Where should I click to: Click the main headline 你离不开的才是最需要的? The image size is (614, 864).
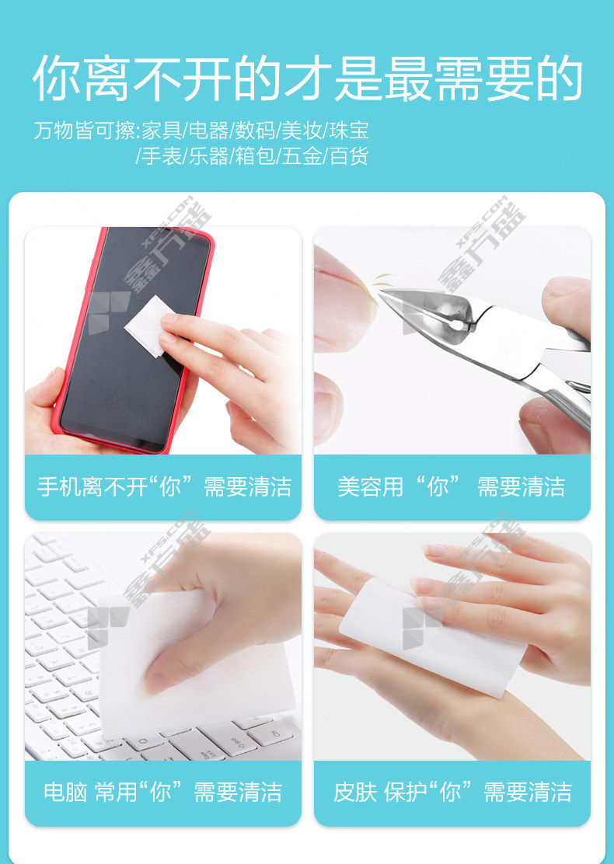(308, 78)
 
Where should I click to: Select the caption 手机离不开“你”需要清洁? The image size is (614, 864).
(164, 487)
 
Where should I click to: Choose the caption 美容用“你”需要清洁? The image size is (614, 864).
(452, 487)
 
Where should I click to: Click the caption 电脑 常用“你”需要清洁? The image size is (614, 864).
(162, 793)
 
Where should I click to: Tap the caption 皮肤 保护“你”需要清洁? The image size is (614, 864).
(452, 793)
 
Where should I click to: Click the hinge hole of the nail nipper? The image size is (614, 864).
(455, 325)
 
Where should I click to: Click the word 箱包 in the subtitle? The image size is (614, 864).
(255, 156)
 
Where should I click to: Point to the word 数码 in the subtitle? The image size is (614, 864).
(255, 131)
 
